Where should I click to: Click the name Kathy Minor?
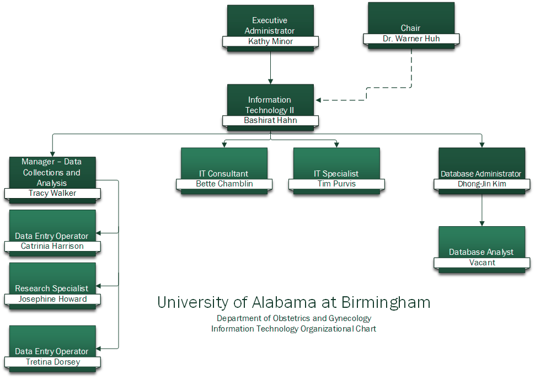coord(270,41)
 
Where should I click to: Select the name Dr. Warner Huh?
coord(411,39)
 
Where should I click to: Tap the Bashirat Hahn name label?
coord(270,120)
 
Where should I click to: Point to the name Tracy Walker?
coord(52,193)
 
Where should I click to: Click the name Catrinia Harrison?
coord(52,246)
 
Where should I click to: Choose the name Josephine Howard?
coord(52,299)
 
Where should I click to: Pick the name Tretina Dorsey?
coord(52,362)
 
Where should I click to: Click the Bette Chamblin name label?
coord(224,184)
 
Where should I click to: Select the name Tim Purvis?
coord(336,184)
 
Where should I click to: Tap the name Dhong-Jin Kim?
coord(482,184)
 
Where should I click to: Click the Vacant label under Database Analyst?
coord(482,263)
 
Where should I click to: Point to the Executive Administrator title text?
coord(270,25)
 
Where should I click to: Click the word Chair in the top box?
coord(410,28)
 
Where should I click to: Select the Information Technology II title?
coord(270,105)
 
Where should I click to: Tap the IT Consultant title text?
coord(223,174)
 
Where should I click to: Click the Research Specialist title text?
coord(52,289)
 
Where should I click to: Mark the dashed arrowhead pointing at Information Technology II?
coord(319,100)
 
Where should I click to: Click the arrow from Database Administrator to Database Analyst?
coord(482,210)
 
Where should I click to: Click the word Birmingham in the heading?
coord(386,302)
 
